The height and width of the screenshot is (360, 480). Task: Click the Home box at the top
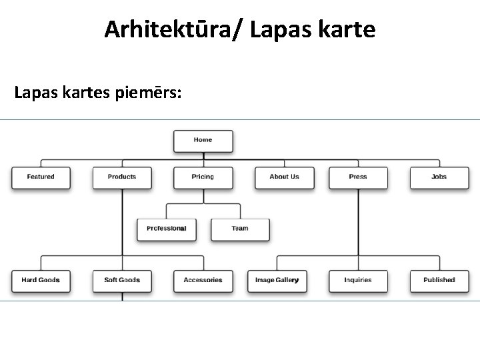click(203, 141)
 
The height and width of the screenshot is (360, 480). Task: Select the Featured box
click(41, 177)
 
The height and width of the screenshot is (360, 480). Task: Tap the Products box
click(122, 177)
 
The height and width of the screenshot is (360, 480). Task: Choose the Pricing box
click(203, 177)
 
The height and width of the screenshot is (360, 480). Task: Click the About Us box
click(284, 177)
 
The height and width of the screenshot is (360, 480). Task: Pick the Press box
click(358, 177)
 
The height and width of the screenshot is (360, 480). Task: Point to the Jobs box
click(439, 177)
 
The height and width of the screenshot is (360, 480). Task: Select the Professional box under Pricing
click(167, 229)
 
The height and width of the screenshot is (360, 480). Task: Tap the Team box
click(240, 229)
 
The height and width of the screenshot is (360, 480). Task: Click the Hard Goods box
click(41, 280)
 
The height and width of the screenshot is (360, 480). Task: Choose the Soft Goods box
click(122, 280)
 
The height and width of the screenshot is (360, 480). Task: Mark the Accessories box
click(203, 280)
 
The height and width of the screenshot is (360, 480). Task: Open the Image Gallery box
click(277, 280)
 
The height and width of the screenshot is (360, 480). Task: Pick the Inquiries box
click(358, 280)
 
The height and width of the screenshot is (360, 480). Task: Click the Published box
click(439, 280)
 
